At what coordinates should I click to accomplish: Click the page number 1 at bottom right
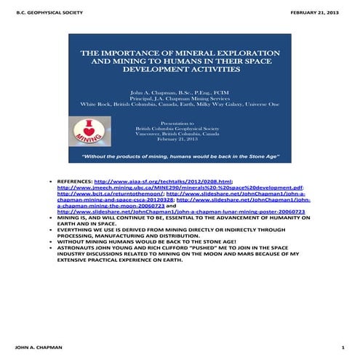pyautogui.click(x=343, y=347)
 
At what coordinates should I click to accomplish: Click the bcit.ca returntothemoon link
pyautogui.click(x=110, y=193)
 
